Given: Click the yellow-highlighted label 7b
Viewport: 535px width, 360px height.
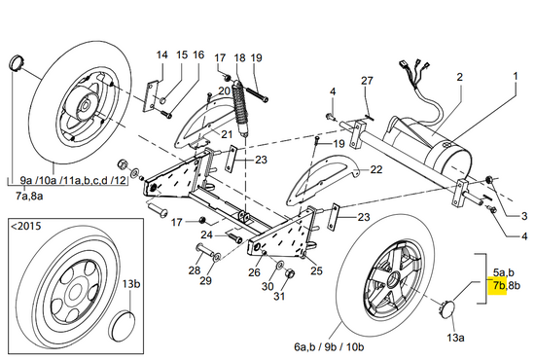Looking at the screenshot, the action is point(499,285).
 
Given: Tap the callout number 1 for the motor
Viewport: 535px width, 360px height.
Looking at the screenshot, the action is point(516,76).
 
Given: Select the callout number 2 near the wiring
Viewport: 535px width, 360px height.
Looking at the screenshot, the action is point(460,77).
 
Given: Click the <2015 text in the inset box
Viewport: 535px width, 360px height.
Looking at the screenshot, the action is point(26,226).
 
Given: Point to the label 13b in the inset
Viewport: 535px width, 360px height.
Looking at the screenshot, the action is point(131,283).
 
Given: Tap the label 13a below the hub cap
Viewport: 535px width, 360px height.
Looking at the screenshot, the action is point(455,338).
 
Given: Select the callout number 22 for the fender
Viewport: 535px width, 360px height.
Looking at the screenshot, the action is point(376,169).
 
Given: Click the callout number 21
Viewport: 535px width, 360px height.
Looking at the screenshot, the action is point(227,134).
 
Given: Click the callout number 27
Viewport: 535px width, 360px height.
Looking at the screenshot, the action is point(367,81).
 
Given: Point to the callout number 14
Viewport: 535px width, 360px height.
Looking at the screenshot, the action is point(162,54).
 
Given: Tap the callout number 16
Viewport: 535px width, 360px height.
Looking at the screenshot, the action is point(198,54).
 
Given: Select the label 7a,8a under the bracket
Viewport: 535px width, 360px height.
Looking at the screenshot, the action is point(29,197).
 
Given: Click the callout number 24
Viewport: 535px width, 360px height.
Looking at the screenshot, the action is point(207,234).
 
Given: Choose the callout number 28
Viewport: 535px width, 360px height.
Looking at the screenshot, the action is point(195,270).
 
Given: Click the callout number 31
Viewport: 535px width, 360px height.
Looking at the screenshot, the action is point(279,296).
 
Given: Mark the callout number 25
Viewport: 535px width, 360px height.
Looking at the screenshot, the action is point(317,270).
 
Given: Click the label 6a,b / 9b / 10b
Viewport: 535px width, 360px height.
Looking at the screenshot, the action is point(329,346).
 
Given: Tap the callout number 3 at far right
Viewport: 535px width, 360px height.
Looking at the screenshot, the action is point(524,216).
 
